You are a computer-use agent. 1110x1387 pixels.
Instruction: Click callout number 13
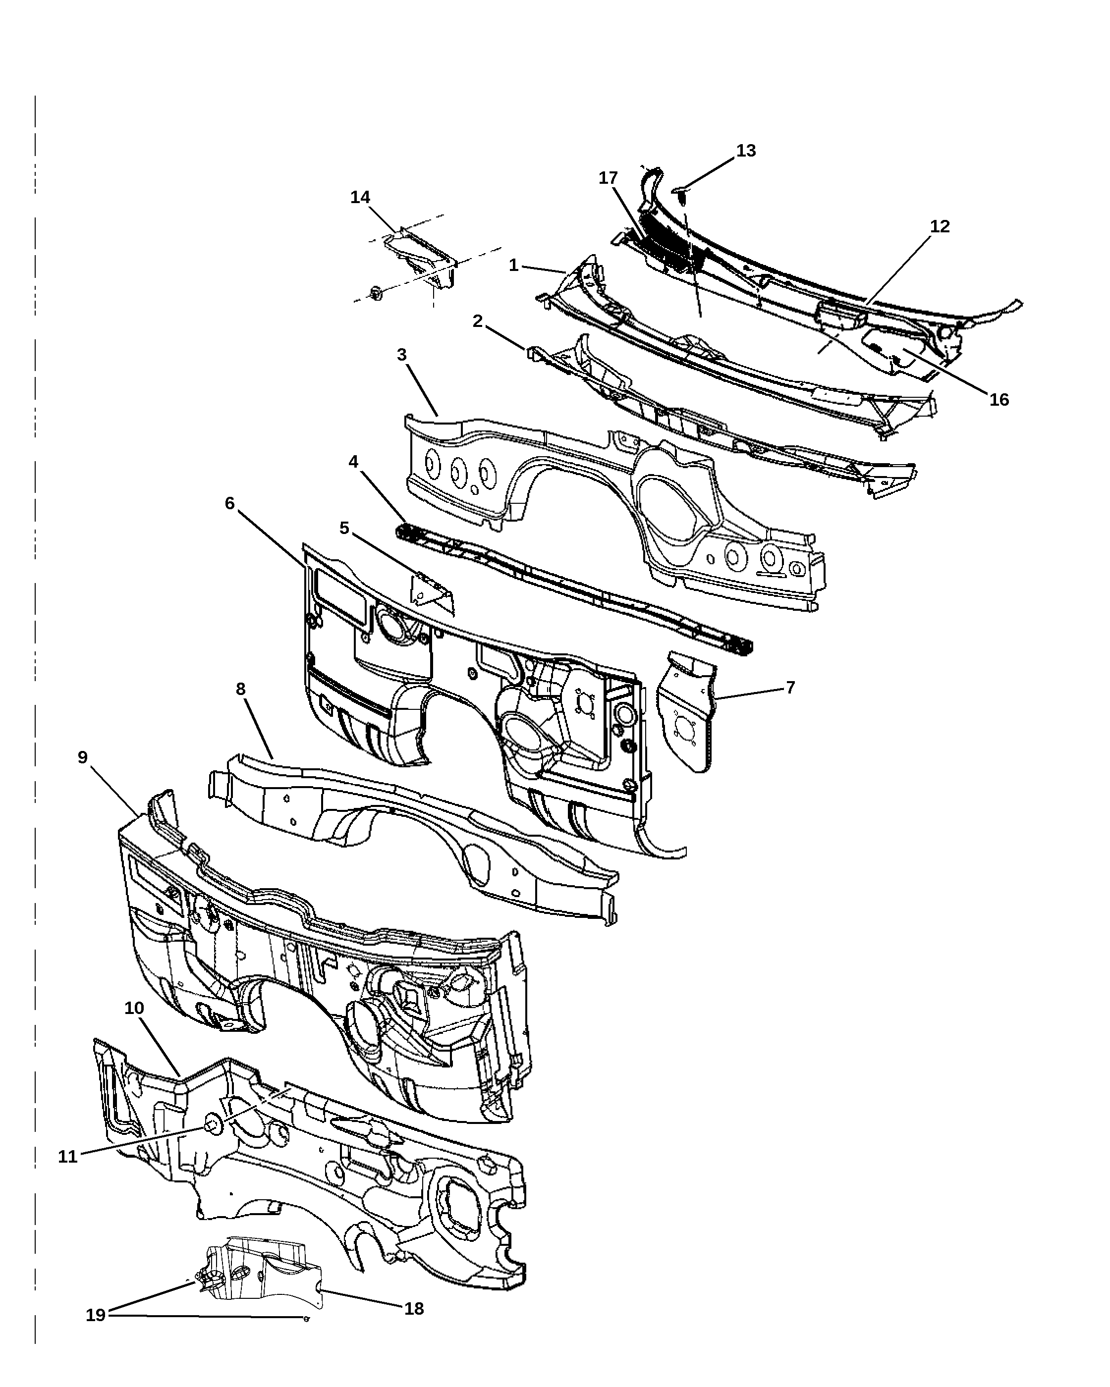click(746, 151)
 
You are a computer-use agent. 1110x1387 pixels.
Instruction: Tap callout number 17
click(608, 178)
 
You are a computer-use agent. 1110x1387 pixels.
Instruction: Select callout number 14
click(360, 198)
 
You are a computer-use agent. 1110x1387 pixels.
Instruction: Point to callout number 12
click(940, 226)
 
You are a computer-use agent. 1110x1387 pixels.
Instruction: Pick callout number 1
click(513, 265)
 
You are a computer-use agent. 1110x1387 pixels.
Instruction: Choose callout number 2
click(478, 321)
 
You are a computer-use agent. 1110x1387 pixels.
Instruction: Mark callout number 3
click(401, 355)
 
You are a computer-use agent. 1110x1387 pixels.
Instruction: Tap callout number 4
click(354, 461)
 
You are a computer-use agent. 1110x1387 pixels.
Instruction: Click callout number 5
click(344, 528)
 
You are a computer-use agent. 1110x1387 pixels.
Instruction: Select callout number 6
click(230, 503)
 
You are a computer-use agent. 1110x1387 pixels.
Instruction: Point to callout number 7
click(791, 688)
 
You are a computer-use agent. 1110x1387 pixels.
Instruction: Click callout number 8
click(241, 689)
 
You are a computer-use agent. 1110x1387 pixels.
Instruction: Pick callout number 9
click(82, 757)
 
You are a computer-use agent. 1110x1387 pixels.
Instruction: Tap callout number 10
click(134, 1008)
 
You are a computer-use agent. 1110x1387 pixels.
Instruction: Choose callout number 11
click(67, 1156)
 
